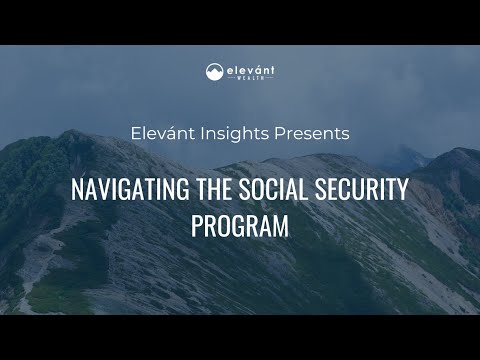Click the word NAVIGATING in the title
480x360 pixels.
123,189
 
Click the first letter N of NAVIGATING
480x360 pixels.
76,189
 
